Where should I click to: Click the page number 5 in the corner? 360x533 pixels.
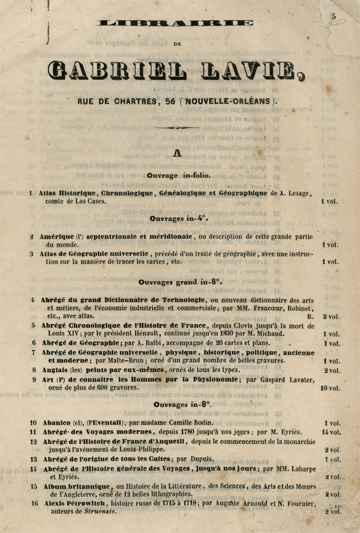(334, 16)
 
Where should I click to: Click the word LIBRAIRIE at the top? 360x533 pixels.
(176, 23)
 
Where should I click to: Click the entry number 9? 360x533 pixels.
(33, 379)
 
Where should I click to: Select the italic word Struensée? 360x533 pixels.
(99, 512)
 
